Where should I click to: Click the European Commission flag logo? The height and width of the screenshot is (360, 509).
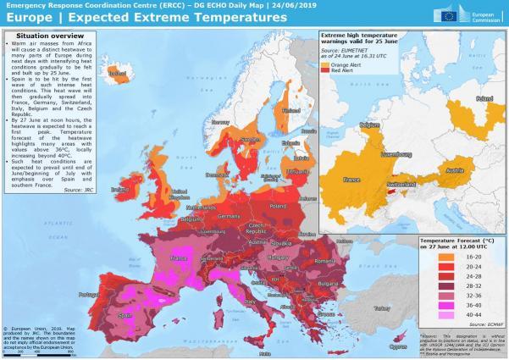(x=453, y=13)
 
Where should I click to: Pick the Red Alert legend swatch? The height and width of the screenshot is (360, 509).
(x=328, y=69)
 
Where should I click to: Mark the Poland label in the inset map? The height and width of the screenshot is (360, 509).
(x=484, y=98)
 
